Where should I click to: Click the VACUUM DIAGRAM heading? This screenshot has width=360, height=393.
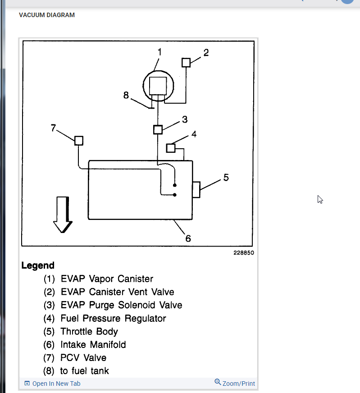pos(47,15)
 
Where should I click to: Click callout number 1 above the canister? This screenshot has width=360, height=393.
pos(159,52)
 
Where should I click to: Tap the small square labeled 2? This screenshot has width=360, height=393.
pos(186,62)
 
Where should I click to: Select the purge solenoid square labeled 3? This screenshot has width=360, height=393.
pos(157,129)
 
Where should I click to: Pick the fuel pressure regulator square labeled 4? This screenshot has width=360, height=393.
pos(171,147)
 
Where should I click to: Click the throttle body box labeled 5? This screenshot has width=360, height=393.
pos(196,189)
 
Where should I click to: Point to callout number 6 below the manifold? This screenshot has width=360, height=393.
pos(188,238)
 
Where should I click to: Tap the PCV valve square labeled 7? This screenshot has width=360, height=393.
pos(78,140)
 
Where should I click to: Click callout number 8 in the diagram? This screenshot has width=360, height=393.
pos(126,95)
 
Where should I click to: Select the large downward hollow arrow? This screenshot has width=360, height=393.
pos(63,214)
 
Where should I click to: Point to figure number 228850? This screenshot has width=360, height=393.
pos(243,253)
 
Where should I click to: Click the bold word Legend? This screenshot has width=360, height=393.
pos(38,265)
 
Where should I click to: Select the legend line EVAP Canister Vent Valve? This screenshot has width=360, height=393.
pos(117,292)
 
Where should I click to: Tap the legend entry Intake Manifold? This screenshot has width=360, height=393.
pos(93,345)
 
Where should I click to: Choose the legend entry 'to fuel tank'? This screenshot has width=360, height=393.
pos(84,371)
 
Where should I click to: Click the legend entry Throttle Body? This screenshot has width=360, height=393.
pos(89,332)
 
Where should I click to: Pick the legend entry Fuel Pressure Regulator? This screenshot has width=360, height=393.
pos(113,319)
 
